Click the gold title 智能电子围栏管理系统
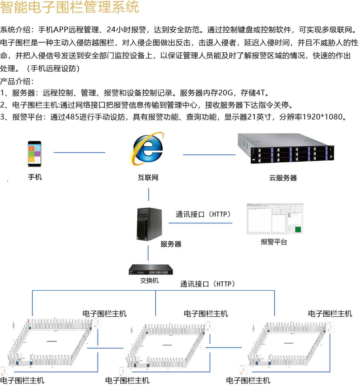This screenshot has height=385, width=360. (70, 7)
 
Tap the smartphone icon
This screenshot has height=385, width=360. (34, 153)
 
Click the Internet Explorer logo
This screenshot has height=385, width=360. (146, 148)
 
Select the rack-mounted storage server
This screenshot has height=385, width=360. (286, 149)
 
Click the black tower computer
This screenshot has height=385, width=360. (149, 224)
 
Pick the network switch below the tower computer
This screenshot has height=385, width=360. (151, 270)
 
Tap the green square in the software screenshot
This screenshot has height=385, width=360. (298, 230)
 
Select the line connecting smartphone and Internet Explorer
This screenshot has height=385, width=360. (79, 153)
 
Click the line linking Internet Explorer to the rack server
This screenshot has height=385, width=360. (209, 155)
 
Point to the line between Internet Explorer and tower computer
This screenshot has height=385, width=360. (148, 194)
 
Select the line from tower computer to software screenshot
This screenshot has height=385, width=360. (200, 223)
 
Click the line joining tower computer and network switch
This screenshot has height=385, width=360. (148, 253)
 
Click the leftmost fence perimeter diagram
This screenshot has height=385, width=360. (50, 343)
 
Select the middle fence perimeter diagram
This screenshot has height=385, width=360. (166, 346)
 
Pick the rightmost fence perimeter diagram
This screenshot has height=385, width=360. (287, 345)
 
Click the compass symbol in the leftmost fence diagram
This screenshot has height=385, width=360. (13, 325)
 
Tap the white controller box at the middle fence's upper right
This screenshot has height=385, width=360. (210, 326)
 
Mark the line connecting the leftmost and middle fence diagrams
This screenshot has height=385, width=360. (105, 348)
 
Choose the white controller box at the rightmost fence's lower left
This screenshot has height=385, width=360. (243, 370)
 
